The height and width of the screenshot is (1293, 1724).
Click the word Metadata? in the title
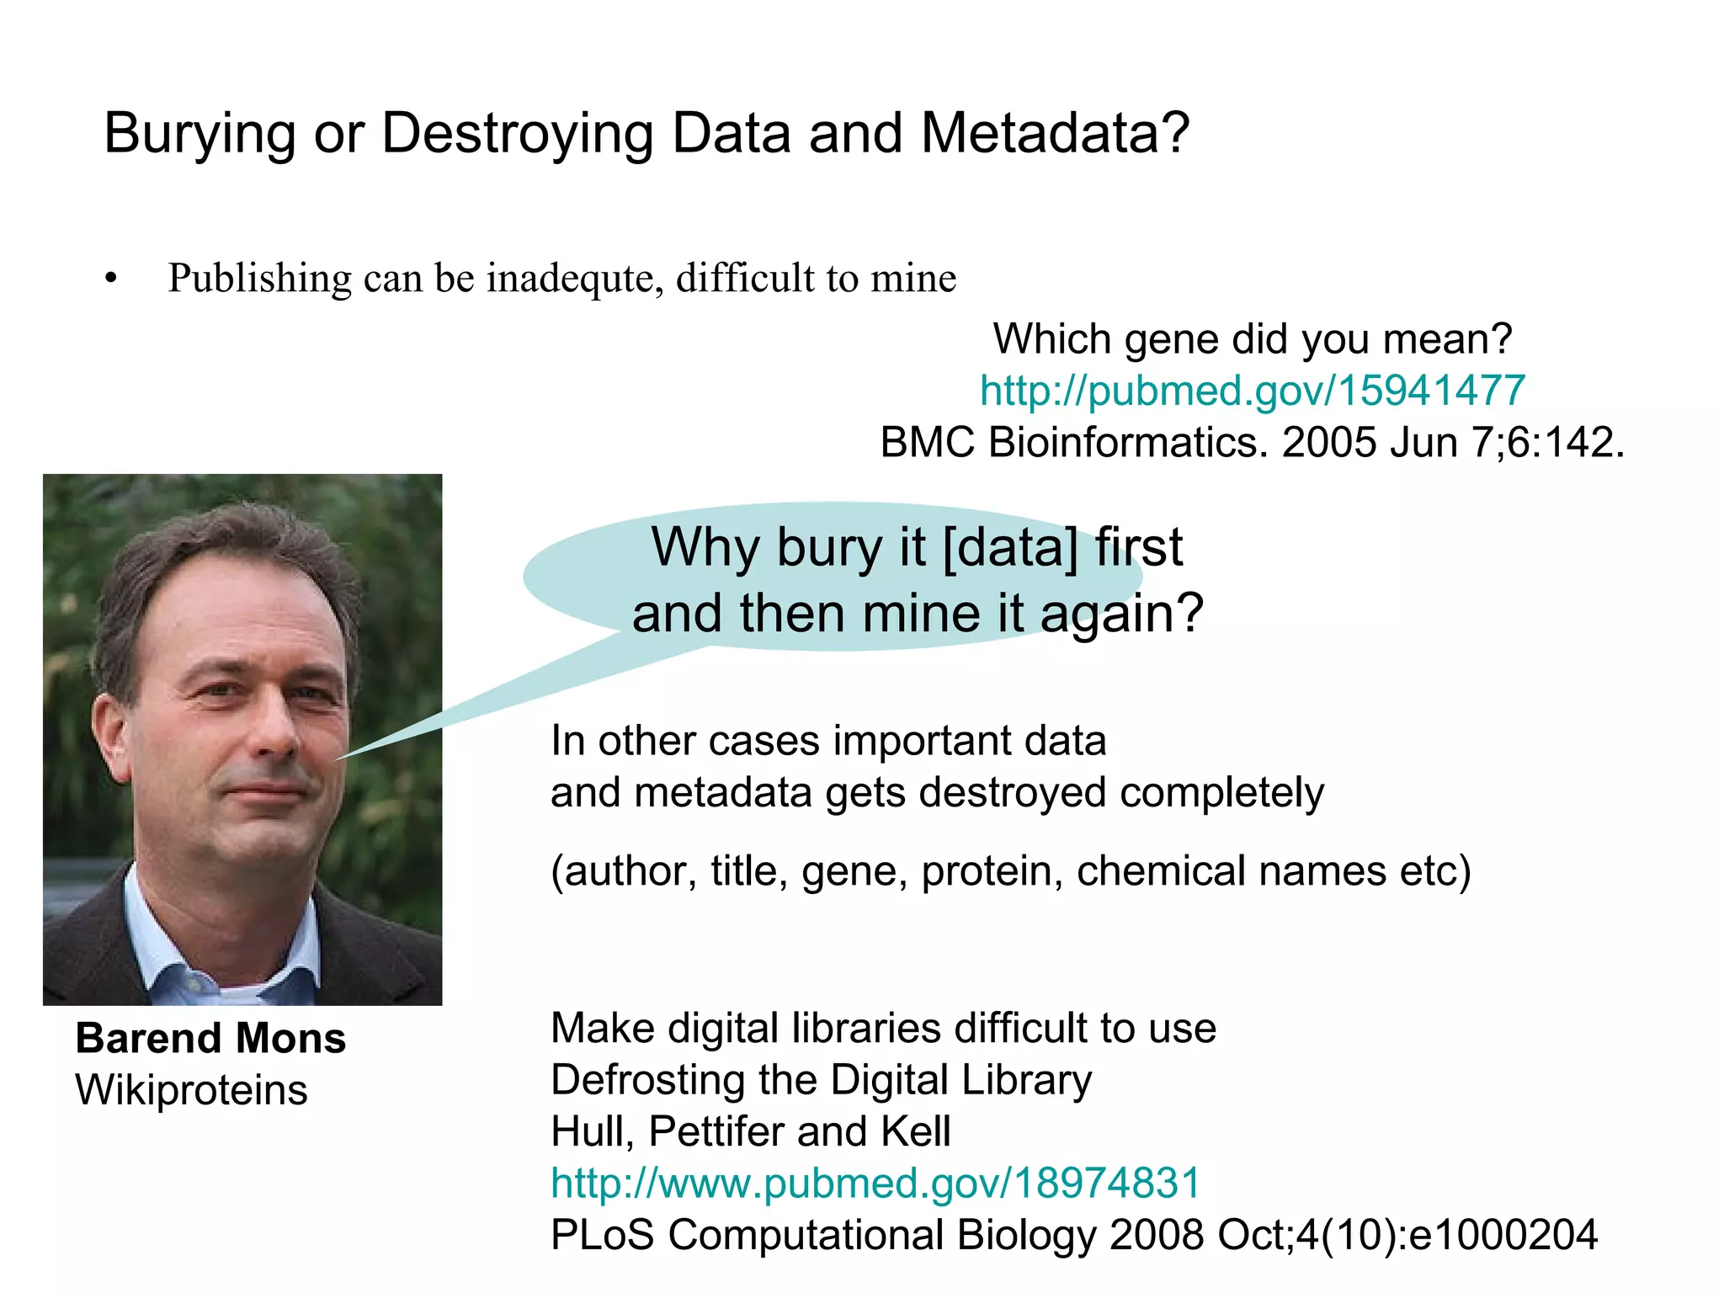click(1055, 134)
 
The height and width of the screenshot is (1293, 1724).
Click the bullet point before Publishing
click(111, 279)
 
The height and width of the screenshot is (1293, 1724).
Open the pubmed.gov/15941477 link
click(1252, 391)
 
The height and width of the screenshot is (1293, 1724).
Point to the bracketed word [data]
click(1010, 547)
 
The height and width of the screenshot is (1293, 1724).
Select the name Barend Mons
click(210, 1038)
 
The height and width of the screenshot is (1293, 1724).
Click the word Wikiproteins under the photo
click(191, 1090)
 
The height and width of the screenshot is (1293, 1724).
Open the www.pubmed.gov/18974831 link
click(875, 1184)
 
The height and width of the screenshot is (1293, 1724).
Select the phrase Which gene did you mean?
click(1252, 339)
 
